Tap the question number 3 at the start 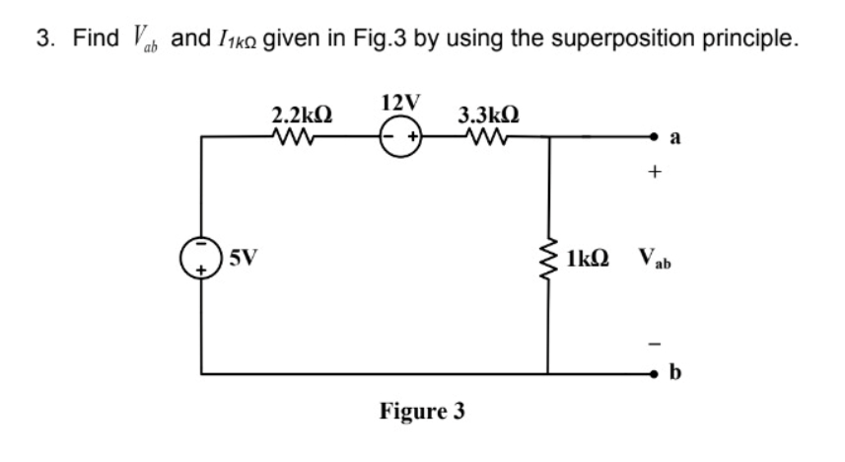click(x=41, y=39)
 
